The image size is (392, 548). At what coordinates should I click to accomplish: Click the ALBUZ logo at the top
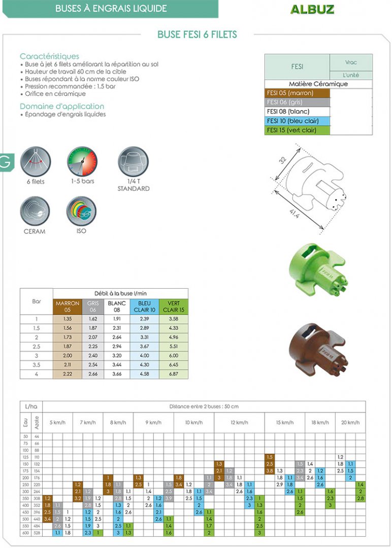pyautogui.click(x=312, y=9)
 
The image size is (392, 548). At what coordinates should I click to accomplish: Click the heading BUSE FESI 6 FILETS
pyautogui.click(x=197, y=35)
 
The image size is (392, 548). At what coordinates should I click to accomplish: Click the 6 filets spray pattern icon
pyautogui.click(x=36, y=162)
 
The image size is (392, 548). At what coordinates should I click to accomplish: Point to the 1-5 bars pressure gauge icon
pyautogui.click(x=82, y=162)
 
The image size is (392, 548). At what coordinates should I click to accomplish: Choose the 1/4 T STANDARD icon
pyautogui.click(x=134, y=162)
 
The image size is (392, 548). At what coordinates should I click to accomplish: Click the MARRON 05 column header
pyautogui.click(x=68, y=306)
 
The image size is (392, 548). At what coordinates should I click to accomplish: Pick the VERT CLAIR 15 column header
pyautogui.click(x=174, y=306)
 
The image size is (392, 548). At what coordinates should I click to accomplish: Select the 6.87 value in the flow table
pyautogui.click(x=174, y=373)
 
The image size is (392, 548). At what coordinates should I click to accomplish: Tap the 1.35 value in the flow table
pyautogui.click(x=68, y=319)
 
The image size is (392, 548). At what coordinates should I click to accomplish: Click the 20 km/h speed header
pyautogui.click(x=350, y=422)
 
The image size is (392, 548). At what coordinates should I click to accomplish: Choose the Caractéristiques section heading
pyautogui.click(x=49, y=56)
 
